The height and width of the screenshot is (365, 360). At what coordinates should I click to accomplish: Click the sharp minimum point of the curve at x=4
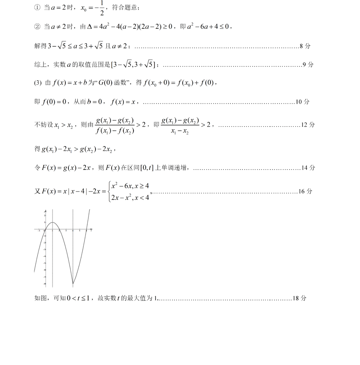pos(73,284)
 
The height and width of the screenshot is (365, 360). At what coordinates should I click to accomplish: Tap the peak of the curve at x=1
pos(53,222)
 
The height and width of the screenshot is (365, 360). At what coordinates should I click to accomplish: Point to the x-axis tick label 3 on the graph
pos(66,231)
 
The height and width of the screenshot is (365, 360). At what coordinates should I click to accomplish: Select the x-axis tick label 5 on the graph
pos(80,231)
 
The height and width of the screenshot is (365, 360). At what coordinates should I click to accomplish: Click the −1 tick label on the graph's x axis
pos(39,231)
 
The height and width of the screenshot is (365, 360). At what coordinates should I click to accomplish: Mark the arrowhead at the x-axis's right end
pos(91,229)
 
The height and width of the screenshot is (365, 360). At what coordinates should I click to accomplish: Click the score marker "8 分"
pos(305,46)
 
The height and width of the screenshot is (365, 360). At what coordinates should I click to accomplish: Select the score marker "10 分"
pos(302,102)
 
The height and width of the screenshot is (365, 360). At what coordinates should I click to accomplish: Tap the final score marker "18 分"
pos(299,298)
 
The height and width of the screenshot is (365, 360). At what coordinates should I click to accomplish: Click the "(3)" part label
pos(38,83)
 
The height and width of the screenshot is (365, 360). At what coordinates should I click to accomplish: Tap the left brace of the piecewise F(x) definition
pos(110,191)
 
